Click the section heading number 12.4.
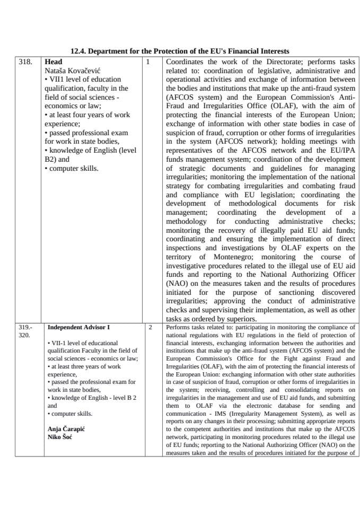tap(78, 51)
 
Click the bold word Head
tap(54, 62)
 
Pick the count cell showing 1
tap(148, 62)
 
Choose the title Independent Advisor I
tap(78, 327)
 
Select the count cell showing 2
tap(151, 327)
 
